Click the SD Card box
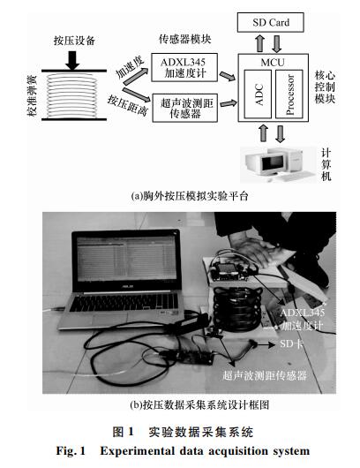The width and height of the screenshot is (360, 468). pos(270,22)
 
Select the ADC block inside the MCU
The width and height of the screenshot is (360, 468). pos(258,94)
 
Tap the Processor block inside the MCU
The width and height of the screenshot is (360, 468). pos(289,94)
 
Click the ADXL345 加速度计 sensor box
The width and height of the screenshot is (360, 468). pos(184,67)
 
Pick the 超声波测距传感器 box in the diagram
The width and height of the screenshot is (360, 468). pos(185,108)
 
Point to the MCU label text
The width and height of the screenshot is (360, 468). pos(273,63)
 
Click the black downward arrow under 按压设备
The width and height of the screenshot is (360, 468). pos(72,60)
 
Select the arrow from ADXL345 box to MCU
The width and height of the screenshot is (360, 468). pos(228,77)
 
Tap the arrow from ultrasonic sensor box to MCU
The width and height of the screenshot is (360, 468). pos(229,103)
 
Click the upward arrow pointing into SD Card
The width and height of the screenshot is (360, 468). pos(260,43)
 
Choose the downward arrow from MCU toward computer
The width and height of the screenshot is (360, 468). pos(280,133)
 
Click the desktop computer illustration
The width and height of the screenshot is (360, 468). pos(279,164)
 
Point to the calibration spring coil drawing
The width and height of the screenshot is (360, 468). pos(71,95)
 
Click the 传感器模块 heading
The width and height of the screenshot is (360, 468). pos(185,40)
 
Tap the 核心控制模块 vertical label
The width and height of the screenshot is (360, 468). pos(325,87)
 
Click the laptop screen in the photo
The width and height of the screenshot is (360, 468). pos(126,260)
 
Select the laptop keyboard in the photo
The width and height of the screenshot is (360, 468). pos(123,302)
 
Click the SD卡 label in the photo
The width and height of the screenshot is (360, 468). pos(291,343)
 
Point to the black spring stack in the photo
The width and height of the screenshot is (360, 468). pos(238,308)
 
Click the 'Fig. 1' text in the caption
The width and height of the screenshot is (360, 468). pos(71,450)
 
